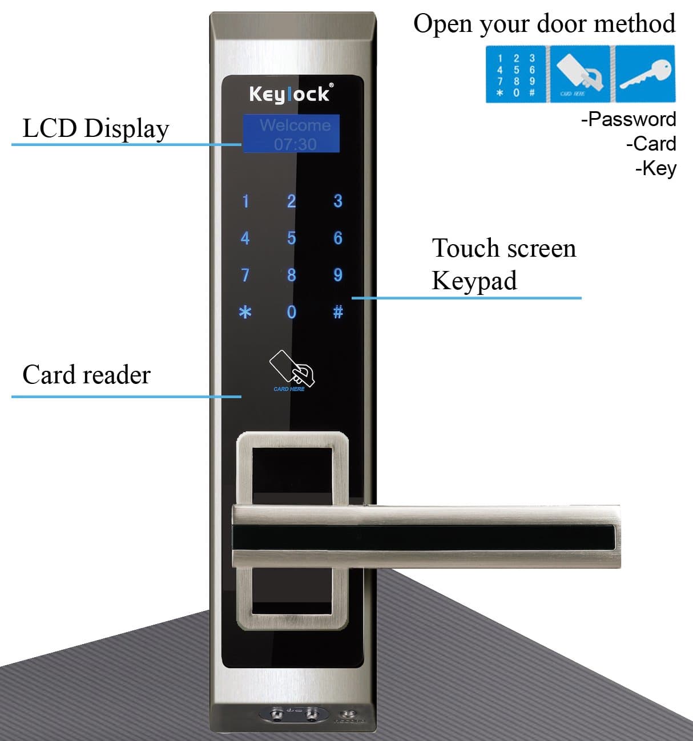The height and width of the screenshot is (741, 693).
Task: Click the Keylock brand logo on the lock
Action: (x=290, y=94)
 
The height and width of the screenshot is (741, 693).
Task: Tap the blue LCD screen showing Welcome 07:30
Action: (x=292, y=134)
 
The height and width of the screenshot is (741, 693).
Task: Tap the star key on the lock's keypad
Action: (x=245, y=312)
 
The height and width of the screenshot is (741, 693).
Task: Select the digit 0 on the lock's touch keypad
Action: (x=291, y=312)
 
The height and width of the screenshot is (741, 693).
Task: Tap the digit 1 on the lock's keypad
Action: (x=245, y=201)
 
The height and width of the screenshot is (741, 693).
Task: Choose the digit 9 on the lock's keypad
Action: (x=338, y=275)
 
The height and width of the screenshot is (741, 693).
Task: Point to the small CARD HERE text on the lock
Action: (x=289, y=389)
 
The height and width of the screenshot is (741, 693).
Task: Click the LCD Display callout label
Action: (x=95, y=128)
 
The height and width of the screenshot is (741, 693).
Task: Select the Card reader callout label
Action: (x=86, y=375)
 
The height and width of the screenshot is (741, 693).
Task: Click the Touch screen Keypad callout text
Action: (x=503, y=264)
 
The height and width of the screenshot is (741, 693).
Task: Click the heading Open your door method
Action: (x=544, y=24)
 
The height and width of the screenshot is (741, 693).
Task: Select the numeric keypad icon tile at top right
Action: (x=516, y=75)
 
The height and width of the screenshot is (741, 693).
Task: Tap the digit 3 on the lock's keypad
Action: (x=338, y=201)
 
